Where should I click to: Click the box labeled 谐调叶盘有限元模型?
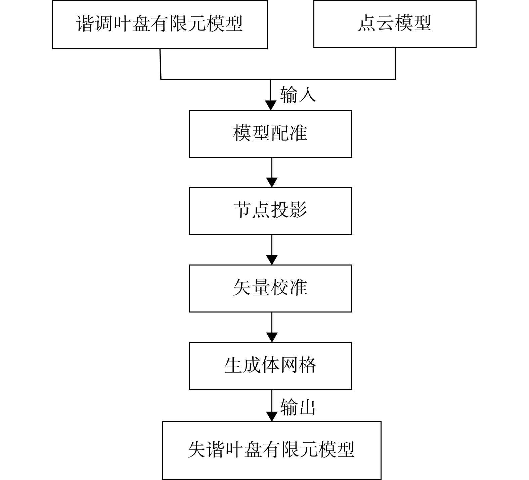click(160, 25)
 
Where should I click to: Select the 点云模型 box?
click(395, 24)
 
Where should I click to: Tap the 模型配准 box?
click(271, 134)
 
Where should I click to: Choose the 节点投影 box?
click(271, 211)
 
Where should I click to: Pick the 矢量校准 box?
click(271, 288)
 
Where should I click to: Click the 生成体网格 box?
click(271, 366)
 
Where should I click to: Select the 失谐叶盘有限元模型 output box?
click(272, 450)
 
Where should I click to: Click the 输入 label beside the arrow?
click(298, 94)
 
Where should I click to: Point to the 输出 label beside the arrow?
click(298, 407)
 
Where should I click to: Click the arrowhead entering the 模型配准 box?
click(271, 105)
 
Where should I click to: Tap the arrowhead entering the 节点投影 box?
click(272, 182)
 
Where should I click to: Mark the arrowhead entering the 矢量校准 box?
click(272, 260)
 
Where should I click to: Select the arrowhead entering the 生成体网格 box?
click(272, 337)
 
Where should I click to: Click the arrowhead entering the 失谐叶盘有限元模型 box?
click(272, 417)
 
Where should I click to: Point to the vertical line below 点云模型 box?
click(395, 64)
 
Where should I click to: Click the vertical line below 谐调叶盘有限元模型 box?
click(161, 64)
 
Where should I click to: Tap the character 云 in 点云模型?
click(386, 23)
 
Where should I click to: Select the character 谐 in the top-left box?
click(86, 23)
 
